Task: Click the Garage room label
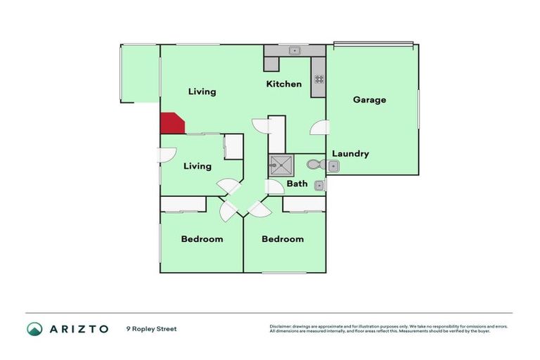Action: point(369,100)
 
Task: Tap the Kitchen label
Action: point(283,84)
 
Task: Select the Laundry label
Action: point(350,154)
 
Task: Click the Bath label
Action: point(297,184)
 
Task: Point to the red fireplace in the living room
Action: point(171,124)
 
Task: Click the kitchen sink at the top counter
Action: point(295,51)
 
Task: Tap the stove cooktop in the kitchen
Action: point(319,79)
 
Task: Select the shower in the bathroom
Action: point(281,165)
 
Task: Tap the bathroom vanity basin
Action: point(319,186)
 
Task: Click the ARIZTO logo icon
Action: point(34,328)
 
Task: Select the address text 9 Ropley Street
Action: point(151,329)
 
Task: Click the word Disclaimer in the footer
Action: point(281,327)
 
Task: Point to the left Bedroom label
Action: point(202,239)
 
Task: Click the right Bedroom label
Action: point(283,239)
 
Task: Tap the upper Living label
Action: point(202,92)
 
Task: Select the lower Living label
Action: point(198,167)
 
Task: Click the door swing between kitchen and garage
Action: point(320,128)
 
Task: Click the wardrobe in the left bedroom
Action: point(183,204)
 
